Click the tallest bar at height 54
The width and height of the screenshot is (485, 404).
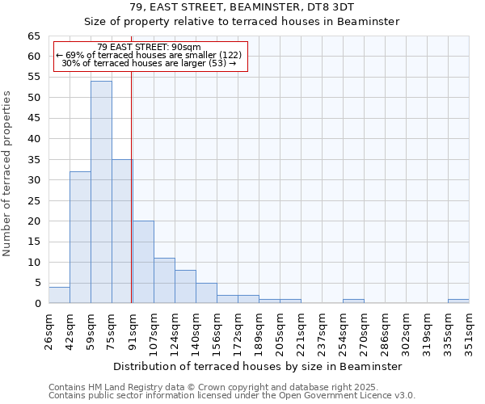[x=101, y=192]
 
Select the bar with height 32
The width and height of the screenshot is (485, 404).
[x=80, y=238]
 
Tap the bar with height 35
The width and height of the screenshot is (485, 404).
[x=121, y=231]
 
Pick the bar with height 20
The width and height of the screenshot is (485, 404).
[x=143, y=262]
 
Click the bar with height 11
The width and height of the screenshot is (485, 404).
[x=164, y=280]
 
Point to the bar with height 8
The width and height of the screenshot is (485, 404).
[x=185, y=287]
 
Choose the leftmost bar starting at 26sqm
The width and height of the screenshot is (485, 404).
[x=59, y=295]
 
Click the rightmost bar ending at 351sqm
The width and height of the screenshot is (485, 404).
[x=458, y=301]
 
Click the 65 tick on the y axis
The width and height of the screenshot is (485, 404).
[x=33, y=36]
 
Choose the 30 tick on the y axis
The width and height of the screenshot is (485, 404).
[x=33, y=180]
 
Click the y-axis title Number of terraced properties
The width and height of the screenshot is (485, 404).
[x=8, y=174]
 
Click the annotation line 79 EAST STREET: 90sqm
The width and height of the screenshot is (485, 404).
[x=149, y=47]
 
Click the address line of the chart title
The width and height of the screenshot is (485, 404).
[x=242, y=6]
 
